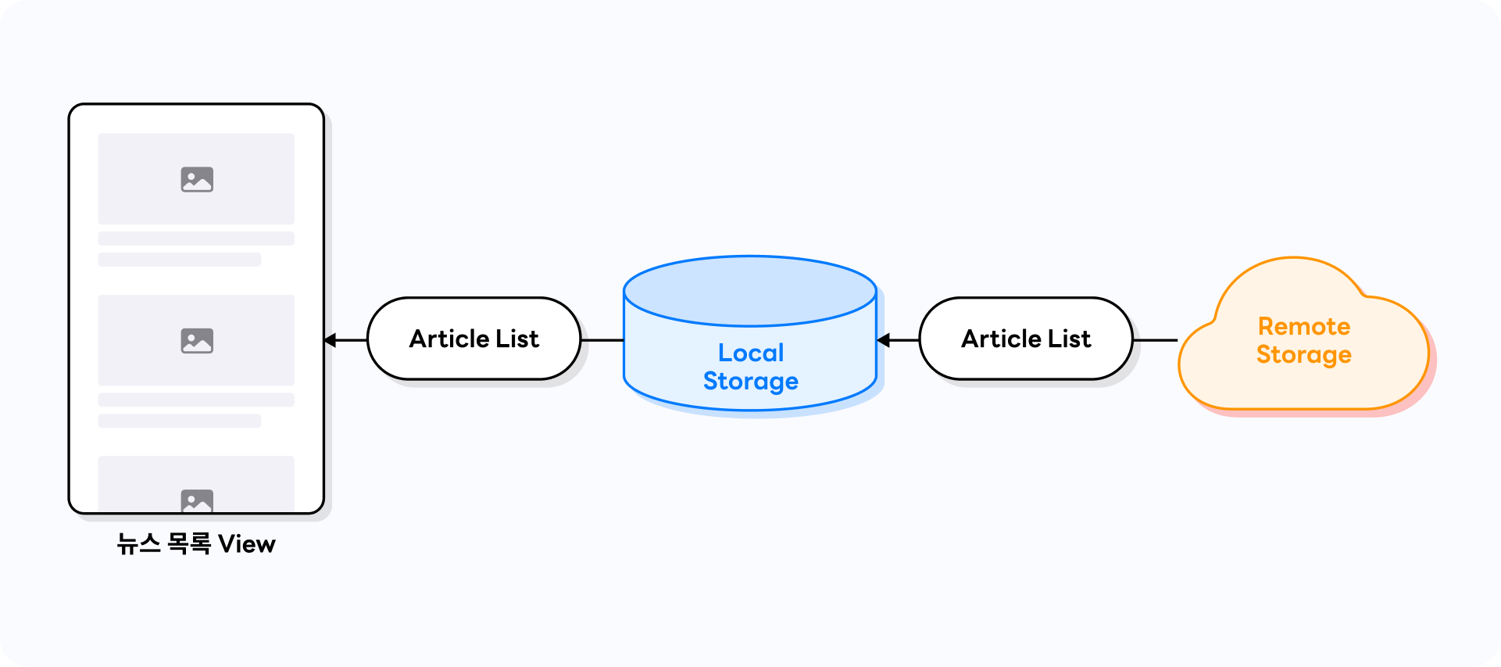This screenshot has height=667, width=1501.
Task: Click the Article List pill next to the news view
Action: click(x=474, y=339)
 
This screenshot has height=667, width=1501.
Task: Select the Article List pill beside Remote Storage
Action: click(x=1026, y=339)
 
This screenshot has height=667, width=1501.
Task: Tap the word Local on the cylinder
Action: click(x=751, y=353)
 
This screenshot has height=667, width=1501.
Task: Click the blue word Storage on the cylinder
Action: click(x=751, y=382)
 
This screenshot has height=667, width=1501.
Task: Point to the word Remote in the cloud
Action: click(x=1304, y=326)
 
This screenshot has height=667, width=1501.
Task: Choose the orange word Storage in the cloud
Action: click(x=1304, y=355)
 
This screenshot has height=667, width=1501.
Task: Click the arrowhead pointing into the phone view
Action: click(x=330, y=340)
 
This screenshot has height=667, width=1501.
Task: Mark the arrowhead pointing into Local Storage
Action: click(x=883, y=340)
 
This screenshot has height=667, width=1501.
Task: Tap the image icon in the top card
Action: click(x=197, y=180)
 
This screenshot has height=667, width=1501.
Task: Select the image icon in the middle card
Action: click(x=197, y=341)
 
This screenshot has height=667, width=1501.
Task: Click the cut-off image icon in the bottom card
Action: click(x=197, y=500)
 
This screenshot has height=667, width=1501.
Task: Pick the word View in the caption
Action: click(x=247, y=544)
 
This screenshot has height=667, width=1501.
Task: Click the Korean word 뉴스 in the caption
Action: click(x=139, y=544)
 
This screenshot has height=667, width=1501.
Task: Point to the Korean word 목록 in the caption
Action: click(x=189, y=544)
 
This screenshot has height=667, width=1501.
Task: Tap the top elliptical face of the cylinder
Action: click(x=750, y=291)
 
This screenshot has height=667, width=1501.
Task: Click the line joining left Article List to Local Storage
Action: click(x=602, y=340)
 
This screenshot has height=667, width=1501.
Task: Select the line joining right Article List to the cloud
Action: click(x=1155, y=340)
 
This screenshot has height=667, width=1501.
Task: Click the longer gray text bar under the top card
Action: click(x=196, y=238)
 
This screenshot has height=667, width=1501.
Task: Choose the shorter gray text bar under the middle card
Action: click(x=180, y=421)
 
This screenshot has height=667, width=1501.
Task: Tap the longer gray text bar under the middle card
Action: click(x=196, y=400)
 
